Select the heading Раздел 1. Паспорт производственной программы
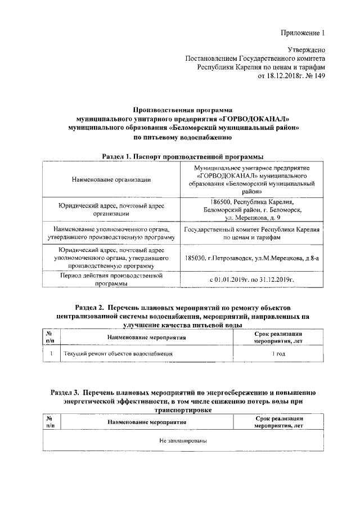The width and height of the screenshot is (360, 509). coord(183,156)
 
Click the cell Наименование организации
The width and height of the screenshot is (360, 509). coord(111,179)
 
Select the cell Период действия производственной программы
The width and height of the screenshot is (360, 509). coord(111,280)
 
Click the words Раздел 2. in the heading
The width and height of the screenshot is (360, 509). coord(89,308)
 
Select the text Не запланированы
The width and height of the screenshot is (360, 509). coord(183,440)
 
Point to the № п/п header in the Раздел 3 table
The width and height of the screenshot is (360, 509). coord(49,422)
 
